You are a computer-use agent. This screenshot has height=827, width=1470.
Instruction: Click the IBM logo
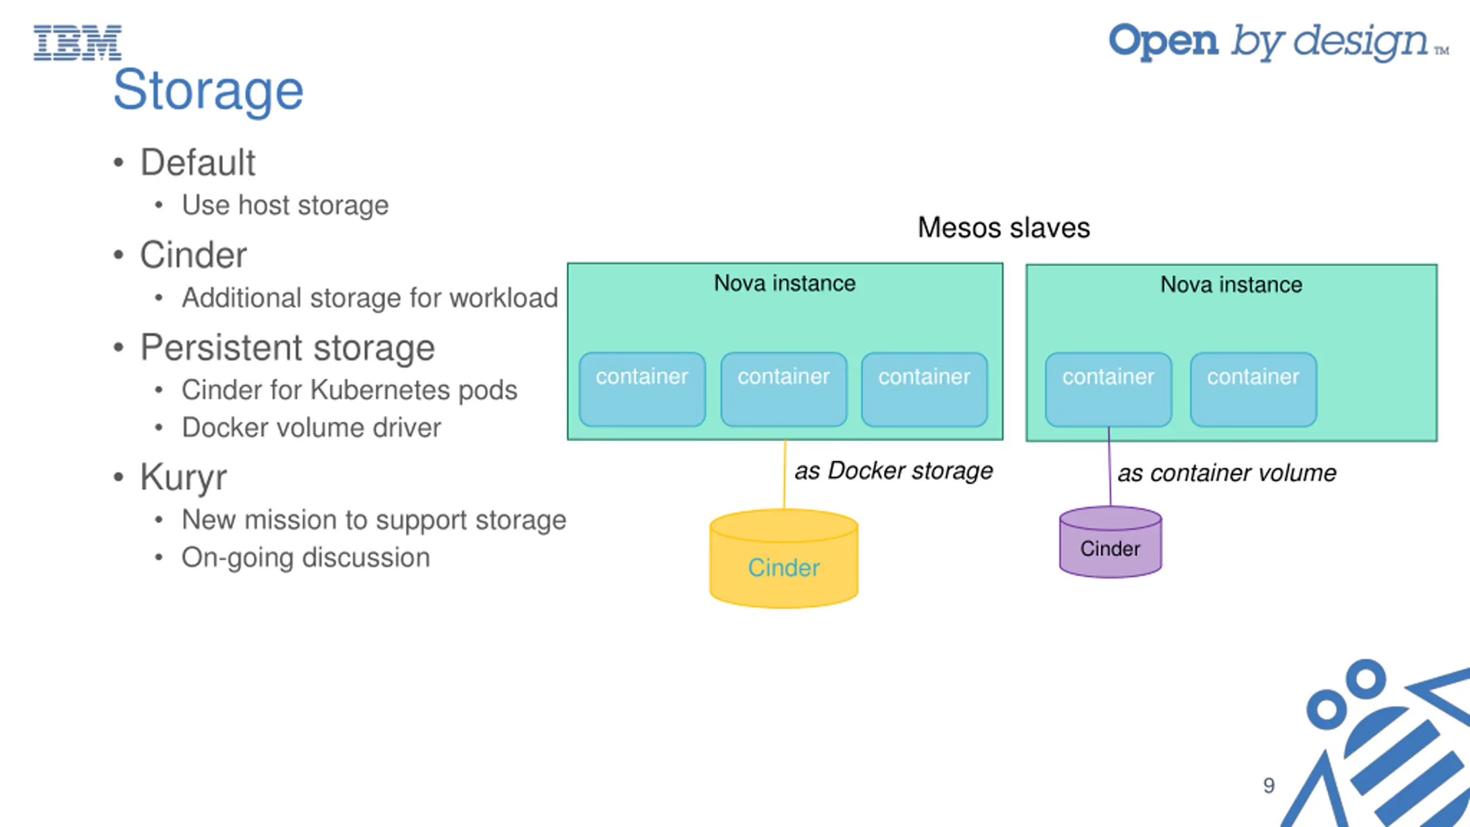click(78, 42)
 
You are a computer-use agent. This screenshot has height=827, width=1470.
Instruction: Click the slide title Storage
click(208, 91)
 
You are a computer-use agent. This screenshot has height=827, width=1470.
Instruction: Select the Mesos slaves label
click(1003, 227)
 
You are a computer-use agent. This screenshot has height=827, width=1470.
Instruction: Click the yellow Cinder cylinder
click(784, 560)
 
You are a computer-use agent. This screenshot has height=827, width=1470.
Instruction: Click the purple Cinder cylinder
click(1110, 543)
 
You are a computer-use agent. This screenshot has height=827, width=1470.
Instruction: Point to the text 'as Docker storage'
click(893, 471)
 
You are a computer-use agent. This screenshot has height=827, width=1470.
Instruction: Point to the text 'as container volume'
click(1227, 473)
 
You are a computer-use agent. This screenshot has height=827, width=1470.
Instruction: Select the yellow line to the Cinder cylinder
click(785, 474)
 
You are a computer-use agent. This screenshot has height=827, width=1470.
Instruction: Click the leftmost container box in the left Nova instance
click(642, 389)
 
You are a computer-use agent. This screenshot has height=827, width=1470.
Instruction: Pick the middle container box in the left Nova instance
click(784, 389)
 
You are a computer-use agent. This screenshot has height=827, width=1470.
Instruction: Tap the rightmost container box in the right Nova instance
click(1253, 389)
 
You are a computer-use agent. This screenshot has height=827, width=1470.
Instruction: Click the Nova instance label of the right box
click(1231, 285)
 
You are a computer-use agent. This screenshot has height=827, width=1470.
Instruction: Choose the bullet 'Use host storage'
click(285, 206)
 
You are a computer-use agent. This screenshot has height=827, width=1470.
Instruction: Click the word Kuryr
click(184, 477)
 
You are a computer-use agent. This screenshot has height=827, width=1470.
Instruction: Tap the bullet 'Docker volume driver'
click(311, 428)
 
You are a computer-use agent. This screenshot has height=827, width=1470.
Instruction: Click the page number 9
click(1268, 785)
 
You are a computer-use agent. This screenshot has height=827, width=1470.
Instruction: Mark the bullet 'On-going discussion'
click(305, 558)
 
